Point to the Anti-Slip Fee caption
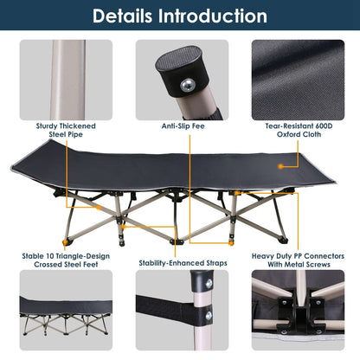point(180,126)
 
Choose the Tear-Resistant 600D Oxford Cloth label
point(299,130)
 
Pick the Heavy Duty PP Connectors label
point(299,256)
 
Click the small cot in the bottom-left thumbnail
point(60,312)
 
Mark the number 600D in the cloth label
point(321,126)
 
